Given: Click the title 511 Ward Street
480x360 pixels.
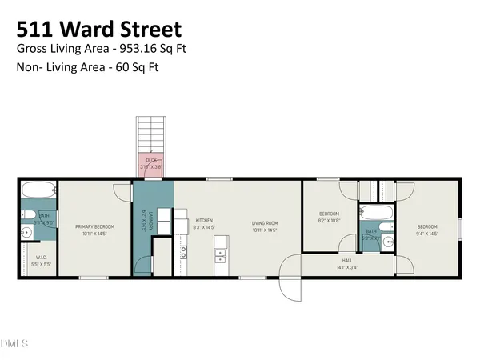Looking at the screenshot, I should [99, 30].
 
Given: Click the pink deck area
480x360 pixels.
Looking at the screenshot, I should [150, 165].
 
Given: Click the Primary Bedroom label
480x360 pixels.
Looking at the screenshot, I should [95, 227].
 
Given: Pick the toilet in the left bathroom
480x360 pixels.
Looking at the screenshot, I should [25, 215].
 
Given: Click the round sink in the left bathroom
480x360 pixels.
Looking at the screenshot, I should [26, 233].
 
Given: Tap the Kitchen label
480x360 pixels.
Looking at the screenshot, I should [203, 221].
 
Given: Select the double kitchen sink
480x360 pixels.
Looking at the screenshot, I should [220, 256].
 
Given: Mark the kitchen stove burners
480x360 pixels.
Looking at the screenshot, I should [183, 253].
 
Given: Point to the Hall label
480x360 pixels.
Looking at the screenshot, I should [347, 260].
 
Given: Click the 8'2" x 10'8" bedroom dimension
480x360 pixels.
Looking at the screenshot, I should [330, 220].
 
